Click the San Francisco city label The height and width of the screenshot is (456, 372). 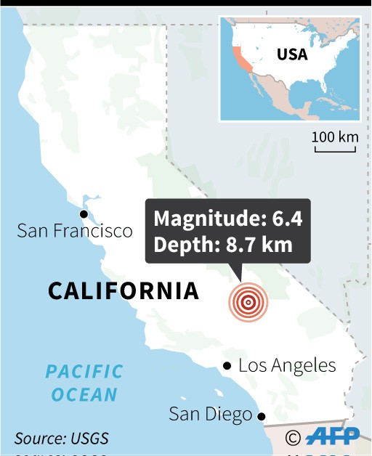tap(75, 231)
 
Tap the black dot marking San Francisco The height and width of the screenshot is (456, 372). tap(84, 213)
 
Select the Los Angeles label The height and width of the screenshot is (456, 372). tap(287, 365)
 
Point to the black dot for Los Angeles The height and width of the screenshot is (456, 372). tap(227, 365)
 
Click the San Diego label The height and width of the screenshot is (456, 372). tap(210, 415)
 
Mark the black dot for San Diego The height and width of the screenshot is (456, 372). tap(262, 416)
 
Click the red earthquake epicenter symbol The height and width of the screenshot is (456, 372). tap(248, 303)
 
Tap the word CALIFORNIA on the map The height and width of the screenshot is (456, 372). tap(124, 291)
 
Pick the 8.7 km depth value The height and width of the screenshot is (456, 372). tap(256, 244)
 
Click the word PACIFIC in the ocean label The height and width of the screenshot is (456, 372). tap(84, 372)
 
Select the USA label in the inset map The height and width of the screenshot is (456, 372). tap(292, 54)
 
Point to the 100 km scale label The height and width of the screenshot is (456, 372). tap(336, 137)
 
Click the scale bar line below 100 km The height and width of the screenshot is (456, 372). tap(335, 150)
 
